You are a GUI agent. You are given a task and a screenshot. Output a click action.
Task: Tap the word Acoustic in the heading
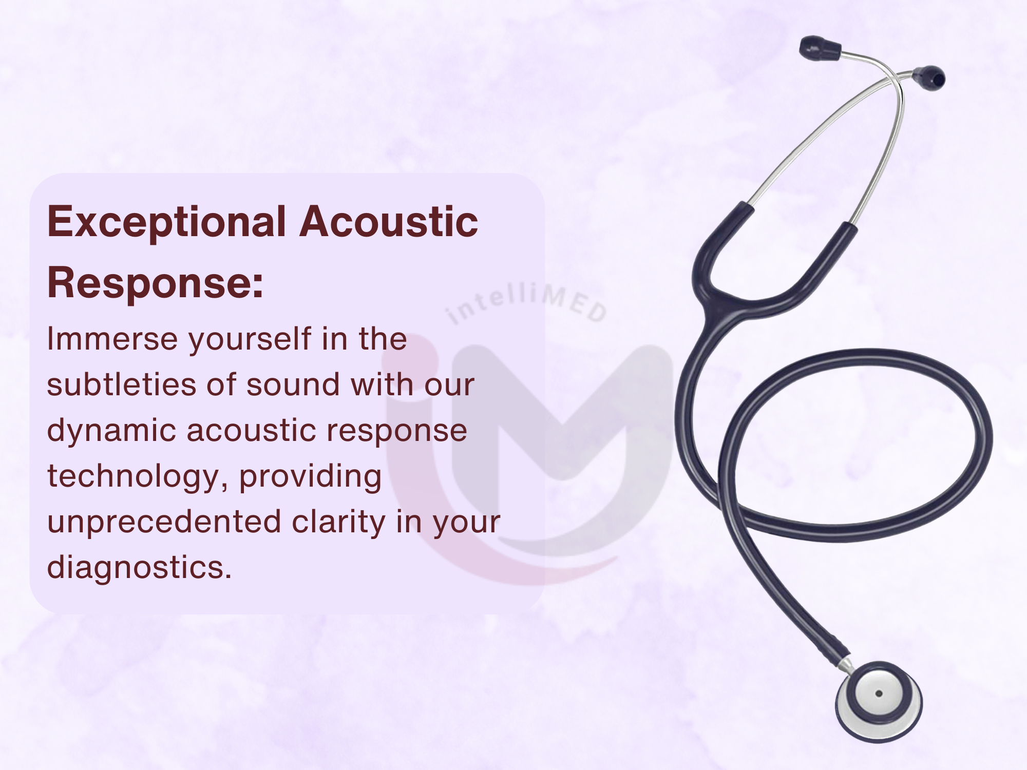pyautogui.click(x=389, y=222)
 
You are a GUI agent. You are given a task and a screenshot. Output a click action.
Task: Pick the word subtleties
pyautogui.click(x=121, y=384)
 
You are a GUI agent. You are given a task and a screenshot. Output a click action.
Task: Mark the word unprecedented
pyautogui.click(x=164, y=522)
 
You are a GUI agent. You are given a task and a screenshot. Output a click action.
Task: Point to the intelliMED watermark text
pyautogui.click(x=527, y=303)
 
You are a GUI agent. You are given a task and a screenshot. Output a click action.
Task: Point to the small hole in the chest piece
pyautogui.click(x=879, y=694)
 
